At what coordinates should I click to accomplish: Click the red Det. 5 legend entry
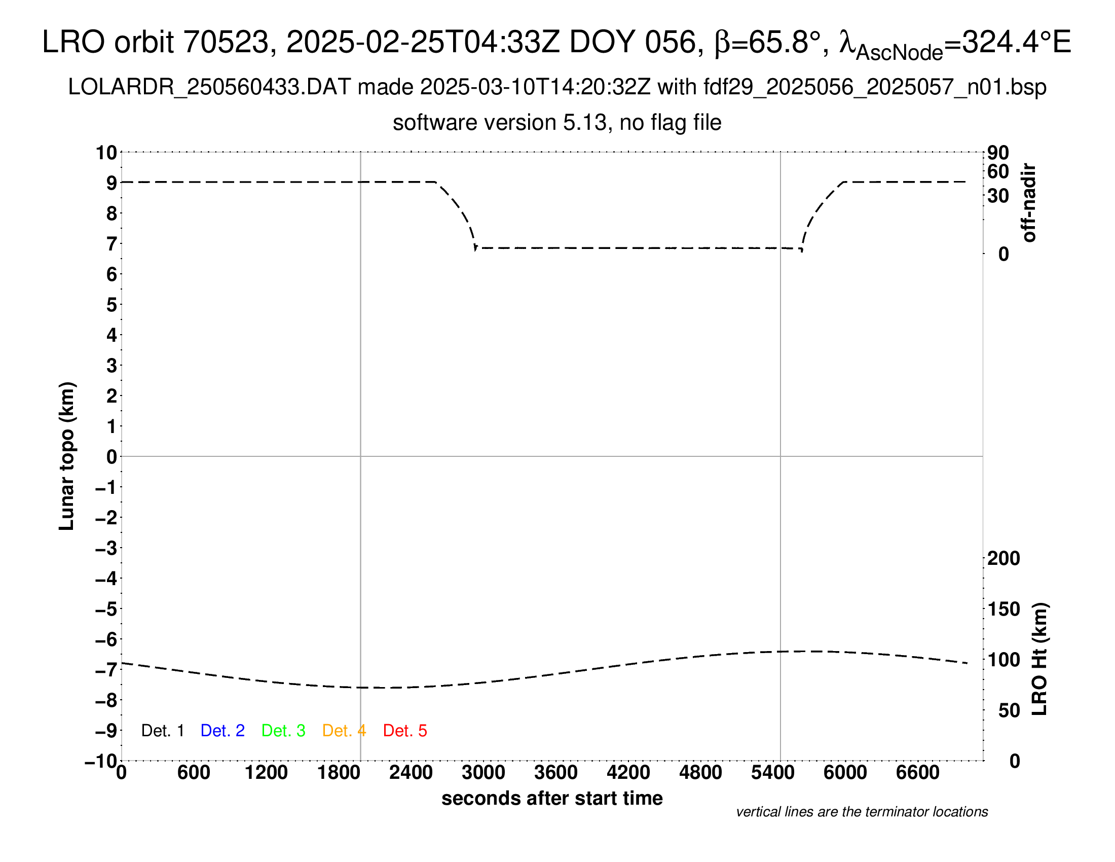click(405, 731)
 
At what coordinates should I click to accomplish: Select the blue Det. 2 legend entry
click(222, 731)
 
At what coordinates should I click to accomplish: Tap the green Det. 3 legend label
click(283, 731)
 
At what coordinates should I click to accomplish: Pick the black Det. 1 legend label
click(162, 731)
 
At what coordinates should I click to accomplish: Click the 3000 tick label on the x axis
click(483, 773)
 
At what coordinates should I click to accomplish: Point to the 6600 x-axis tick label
click(917, 773)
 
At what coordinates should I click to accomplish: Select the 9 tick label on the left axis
click(111, 183)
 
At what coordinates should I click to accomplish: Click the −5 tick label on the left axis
click(106, 609)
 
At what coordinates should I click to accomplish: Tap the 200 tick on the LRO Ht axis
click(1003, 559)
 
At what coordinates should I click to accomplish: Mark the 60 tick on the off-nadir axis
click(998, 171)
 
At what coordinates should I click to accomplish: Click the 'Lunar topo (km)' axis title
click(67, 456)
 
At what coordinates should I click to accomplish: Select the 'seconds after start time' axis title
click(552, 798)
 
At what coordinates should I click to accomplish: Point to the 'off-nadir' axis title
click(1029, 203)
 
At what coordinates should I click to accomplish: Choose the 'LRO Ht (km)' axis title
click(1039, 659)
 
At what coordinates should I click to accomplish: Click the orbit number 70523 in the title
click(226, 42)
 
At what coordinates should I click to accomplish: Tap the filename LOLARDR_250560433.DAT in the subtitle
click(209, 87)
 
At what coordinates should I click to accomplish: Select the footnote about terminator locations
click(862, 812)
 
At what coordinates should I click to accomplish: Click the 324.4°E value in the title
click(1016, 42)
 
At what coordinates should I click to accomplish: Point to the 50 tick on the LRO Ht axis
click(1009, 710)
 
